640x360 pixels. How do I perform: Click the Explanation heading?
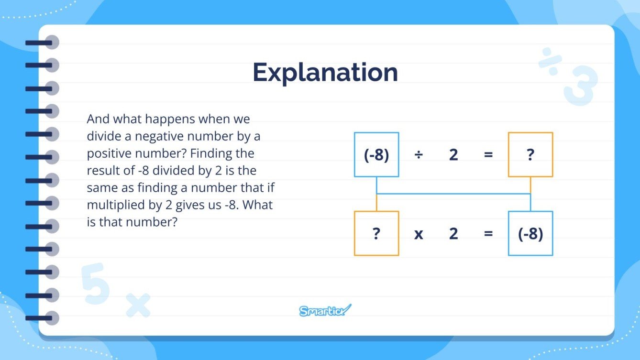pos(325,73)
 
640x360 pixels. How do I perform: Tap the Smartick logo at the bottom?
pos(325,311)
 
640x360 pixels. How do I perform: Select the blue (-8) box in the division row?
pos(376,155)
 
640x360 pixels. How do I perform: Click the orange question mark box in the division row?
pos(530,155)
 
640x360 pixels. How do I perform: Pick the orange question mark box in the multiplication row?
pos(376,233)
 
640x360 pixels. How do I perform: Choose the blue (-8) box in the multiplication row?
pos(530,233)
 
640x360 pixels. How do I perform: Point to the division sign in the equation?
pos(419,155)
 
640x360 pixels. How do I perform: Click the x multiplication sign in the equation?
pos(419,234)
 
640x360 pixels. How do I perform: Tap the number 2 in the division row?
pos(453,155)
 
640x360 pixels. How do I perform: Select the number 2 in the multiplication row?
pos(453,233)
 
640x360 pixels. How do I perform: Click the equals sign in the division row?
pos(488,155)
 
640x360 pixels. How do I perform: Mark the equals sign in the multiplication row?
pos(488,233)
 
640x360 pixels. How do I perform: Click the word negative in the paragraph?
pos(157,136)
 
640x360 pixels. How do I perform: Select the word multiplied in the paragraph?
pos(113,205)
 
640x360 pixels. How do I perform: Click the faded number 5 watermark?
pos(96,283)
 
